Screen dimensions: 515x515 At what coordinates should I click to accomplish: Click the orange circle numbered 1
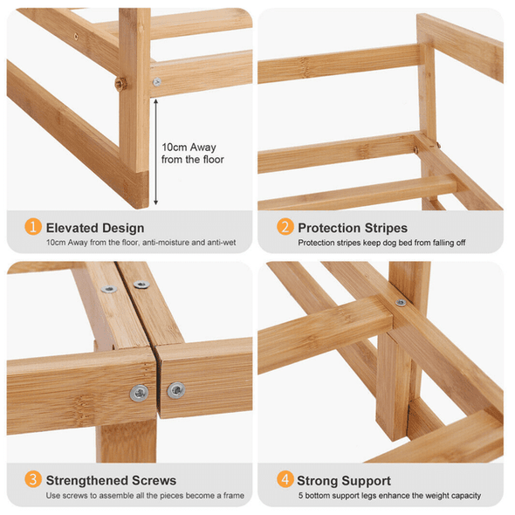[x=33, y=227]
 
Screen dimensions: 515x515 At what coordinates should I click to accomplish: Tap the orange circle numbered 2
[x=285, y=227]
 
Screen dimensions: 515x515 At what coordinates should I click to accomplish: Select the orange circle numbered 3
[x=33, y=479]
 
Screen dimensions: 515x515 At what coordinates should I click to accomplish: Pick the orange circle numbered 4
[x=285, y=479]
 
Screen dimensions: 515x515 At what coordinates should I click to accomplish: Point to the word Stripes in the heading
[x=386, y=229]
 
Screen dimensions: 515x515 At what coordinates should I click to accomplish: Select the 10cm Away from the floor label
[x=193, y=154]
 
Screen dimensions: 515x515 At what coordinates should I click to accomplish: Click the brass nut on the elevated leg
[x=120, y=84]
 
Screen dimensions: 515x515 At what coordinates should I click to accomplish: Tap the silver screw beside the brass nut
[x=157, y=81]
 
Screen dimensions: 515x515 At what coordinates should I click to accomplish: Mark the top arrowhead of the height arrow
[x=155, y=102]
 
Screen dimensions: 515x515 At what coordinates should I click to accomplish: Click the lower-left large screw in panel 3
[x=139, y=393]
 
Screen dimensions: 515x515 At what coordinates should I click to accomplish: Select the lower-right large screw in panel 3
[x=176, y=390]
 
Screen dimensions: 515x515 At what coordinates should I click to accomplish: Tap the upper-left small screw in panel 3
[x=109, y=289]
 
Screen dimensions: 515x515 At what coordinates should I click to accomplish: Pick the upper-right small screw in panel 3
[x=141, y=285]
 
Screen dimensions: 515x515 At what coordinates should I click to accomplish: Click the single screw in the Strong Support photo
[x=401, y=303]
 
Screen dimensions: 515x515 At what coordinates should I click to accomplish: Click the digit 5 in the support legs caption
[x=300, y=496]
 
